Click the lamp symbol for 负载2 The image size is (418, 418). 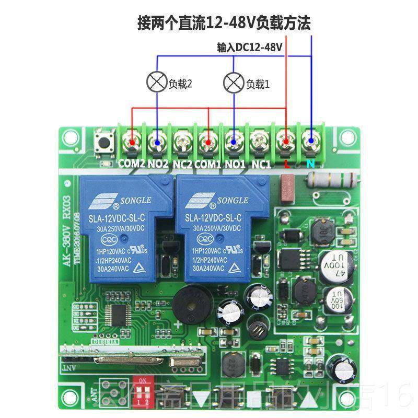pos(157,83)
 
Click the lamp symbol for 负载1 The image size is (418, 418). pos(234,83)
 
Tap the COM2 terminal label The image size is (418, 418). pos(131,164)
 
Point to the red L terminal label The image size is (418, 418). pos(286,164)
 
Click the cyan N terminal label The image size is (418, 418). pos(311,164)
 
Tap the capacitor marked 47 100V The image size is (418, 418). pos(335,264)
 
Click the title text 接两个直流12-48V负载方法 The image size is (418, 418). pos(224,23)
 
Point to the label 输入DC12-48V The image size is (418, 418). pos(250,47)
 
